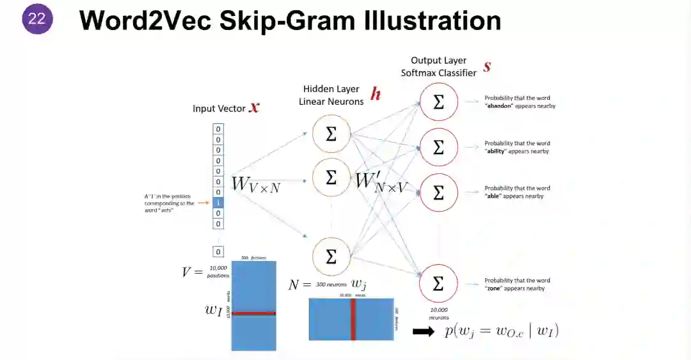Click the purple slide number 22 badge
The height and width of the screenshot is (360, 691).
tap(36, 19)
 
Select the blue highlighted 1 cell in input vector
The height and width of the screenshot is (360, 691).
tap(218, 202)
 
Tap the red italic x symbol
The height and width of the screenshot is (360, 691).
tap(255, 107)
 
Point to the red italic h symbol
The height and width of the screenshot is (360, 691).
tap(376, 95)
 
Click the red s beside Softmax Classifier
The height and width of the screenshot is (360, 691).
tap(487, 67)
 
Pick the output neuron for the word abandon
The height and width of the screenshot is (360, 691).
tap(438, 102)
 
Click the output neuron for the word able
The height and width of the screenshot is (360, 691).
tap(438, 192)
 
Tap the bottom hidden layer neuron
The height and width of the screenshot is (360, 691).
tap(331, 256)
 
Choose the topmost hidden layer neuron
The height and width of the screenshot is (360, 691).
tap(331, 134)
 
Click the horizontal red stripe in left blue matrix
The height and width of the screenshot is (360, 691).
tap(253, 313)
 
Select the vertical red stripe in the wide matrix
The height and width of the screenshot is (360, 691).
tap(352, 319)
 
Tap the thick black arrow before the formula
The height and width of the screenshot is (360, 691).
tap(424, 331)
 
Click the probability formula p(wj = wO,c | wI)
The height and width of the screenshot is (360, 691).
tap(502, 331)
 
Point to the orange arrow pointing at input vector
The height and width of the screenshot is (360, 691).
tap(204, 203)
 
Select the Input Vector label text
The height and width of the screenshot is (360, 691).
tap(219, 109)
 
